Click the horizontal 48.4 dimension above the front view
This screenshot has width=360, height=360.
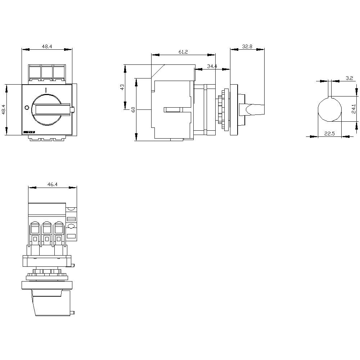point(47,46)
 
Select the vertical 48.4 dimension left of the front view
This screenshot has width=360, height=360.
point(4,109)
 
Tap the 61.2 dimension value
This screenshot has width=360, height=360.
point(183,52)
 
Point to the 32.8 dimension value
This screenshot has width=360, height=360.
point(247,46)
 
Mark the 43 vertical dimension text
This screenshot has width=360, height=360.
point(122,87)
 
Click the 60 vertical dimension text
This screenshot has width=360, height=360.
point(133,109)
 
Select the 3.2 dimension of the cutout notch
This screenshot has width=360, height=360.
point(349,78)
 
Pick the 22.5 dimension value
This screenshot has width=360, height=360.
point(329,134)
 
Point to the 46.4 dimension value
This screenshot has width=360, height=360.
point(52,184)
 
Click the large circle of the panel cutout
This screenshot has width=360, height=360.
point(329,110)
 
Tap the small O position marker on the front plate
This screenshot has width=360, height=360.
point(26,108)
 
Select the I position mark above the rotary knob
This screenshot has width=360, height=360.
point(46,90)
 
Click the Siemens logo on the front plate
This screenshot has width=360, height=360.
point(29,132)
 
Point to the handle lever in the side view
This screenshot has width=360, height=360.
point(255,109)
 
